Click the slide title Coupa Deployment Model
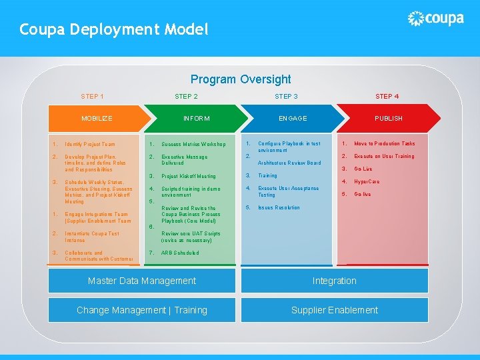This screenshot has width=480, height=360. click(114, 29)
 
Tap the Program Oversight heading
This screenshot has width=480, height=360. click(241, 79)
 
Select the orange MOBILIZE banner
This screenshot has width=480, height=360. click(97, 118)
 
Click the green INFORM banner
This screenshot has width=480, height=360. click(197, 118)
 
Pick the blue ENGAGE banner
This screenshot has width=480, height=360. click(293, 118)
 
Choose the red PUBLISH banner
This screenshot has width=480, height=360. click(388, 118)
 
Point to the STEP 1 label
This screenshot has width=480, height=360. click(92, 97)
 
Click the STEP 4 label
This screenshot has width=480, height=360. click(387, 97)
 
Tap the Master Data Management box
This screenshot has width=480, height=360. click(142, 281)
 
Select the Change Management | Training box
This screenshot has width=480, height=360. click(142, 310)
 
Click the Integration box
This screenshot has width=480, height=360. click(334, 281)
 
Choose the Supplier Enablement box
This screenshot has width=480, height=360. click(334, 310)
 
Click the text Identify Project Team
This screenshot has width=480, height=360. click(90, 144)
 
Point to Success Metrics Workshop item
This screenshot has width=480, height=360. click(193, 144)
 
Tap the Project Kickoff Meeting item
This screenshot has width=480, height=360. click(189, 176)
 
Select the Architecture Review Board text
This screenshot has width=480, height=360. click(289, 163)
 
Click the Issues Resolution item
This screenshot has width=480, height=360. click(279, 207)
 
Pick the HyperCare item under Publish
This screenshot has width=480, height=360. click(367, 181)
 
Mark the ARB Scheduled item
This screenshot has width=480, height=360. click(180, 253)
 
